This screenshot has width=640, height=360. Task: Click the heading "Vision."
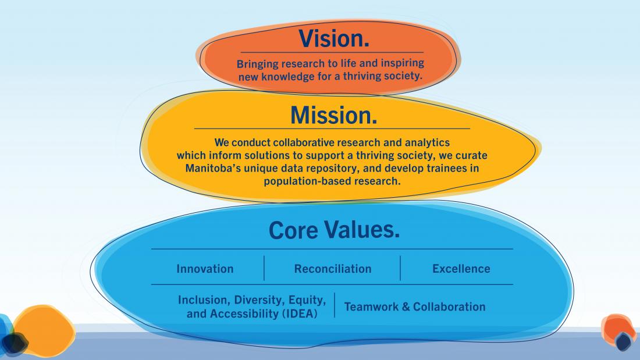(x=334, y=38)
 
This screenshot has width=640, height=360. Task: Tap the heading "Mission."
(x=334, y=115)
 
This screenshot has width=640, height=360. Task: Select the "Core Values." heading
(x=334, y=230)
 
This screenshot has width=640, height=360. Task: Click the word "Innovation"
(x=205, y=269)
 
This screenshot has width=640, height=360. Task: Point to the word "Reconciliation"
(x=333, y=269)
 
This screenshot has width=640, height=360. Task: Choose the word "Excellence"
(x=461, y=269)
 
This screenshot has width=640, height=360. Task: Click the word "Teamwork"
(x=371, y=306)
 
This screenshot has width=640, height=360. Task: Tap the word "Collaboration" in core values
(x=449, y=306)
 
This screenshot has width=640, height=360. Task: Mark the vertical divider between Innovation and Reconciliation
(x=264, y=268)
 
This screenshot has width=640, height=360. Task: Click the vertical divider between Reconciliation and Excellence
(x=400, y=268)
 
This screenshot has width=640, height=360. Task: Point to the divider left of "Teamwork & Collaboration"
(x=335, y=305)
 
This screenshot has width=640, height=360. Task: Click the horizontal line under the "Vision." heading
(x=332, y=52)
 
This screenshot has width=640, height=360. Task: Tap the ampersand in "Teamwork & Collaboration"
(x=406, y=306)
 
